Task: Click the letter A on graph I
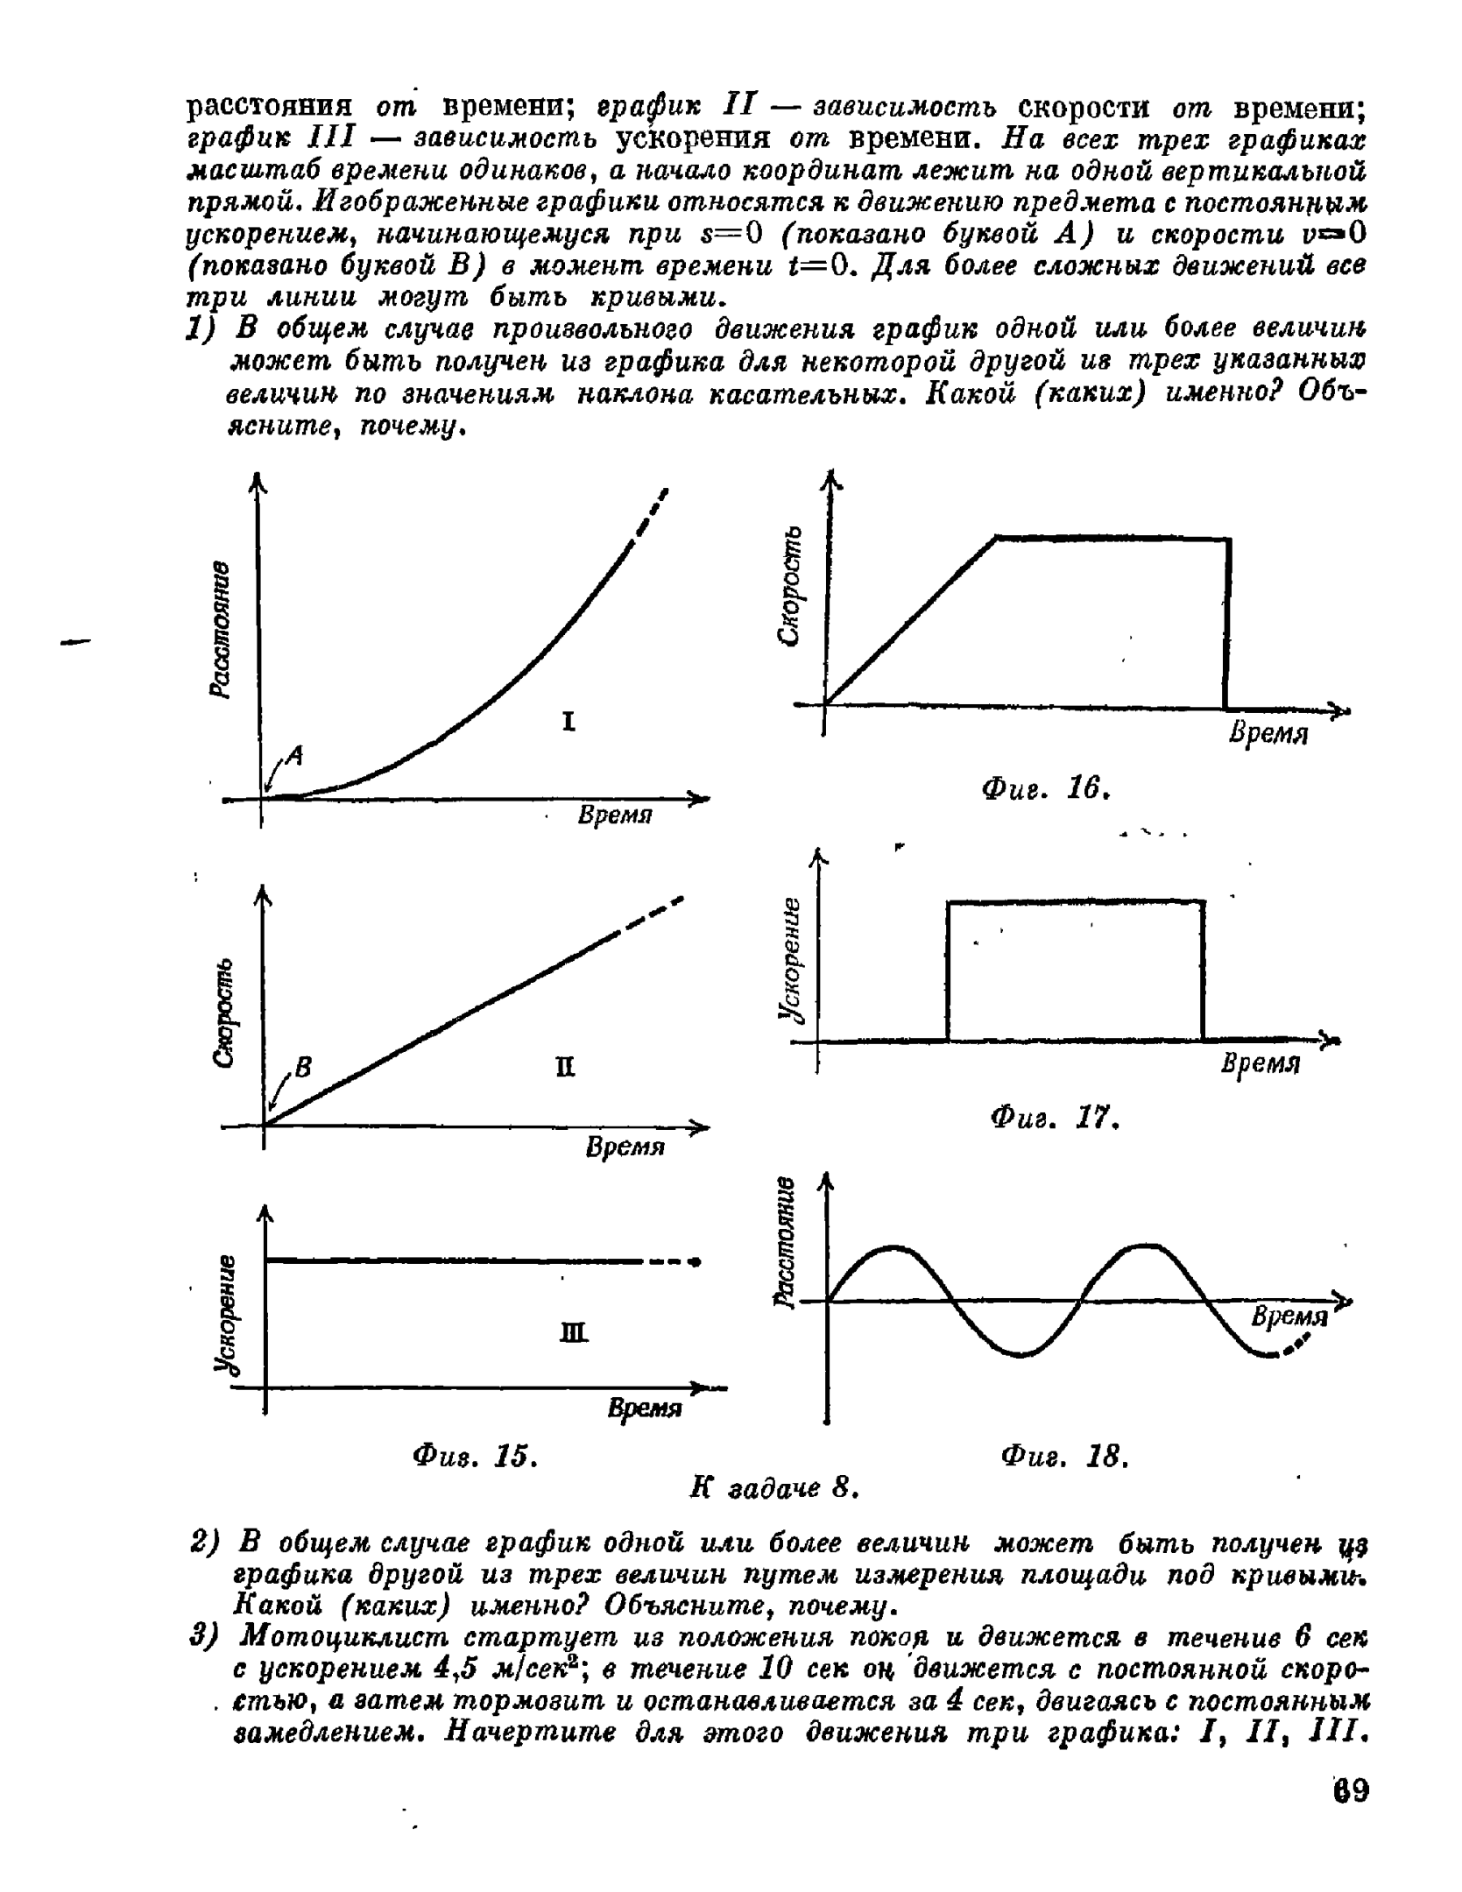(294, 755)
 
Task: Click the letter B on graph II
(303, 1068)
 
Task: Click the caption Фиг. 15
(474, 1457)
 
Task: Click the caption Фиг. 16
(1047, 789)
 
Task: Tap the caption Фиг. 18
(1063, 1457)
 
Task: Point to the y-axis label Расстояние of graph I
(221, 630)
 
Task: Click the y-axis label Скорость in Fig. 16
(793, 585)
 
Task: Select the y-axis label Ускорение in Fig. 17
(793, 958)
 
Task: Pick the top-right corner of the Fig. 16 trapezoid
(1228, 540)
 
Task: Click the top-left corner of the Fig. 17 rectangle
(949, 901)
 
